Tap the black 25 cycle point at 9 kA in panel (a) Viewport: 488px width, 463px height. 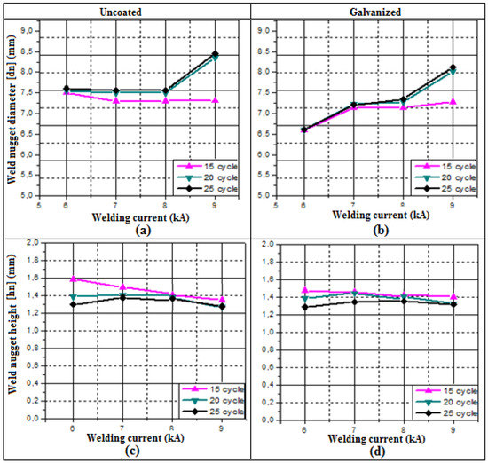[x=215, y=54]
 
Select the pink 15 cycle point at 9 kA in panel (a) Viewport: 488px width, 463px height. [x=215, y=100]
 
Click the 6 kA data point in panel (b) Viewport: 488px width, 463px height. [x=305, y=129]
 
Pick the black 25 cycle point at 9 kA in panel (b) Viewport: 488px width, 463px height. [x=453, y=67]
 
